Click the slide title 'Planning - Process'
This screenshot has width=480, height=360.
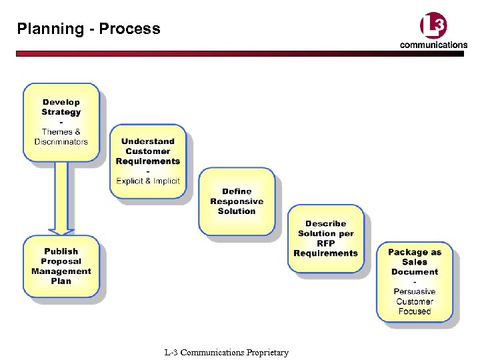(89, 29)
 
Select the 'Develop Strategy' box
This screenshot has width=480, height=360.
(61, 122)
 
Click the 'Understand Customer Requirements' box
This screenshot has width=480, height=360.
(148, 161)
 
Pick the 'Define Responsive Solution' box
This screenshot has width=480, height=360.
(237, 201)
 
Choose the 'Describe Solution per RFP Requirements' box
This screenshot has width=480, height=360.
(326, 239)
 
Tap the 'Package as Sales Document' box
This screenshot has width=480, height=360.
(415, 281)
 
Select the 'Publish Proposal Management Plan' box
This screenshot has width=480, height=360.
(61, 266)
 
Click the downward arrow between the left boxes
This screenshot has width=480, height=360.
(61, 197)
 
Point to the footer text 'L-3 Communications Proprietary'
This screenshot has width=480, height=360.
(226, 352)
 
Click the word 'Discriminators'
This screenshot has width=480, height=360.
(61, 142)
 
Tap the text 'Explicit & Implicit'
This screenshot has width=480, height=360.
(148, 181)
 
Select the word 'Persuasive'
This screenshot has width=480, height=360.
(415, 291)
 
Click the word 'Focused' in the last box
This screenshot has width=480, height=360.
(415, 311)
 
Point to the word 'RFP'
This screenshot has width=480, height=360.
(326, 243)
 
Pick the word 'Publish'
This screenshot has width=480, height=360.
(61, 251)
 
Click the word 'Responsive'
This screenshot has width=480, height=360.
(237, 201)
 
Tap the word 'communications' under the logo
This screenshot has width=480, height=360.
(433, 45)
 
